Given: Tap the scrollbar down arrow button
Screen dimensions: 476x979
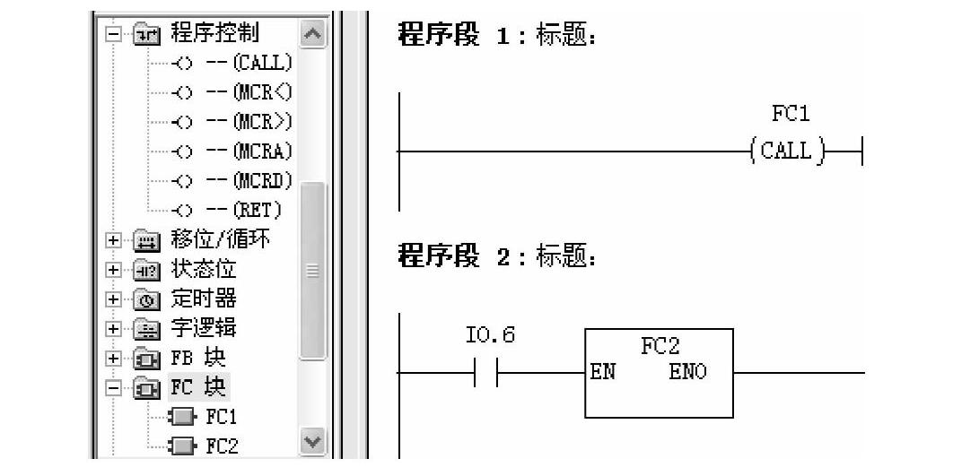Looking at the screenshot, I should [312, 444].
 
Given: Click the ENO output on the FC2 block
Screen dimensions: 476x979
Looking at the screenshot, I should [687, 370].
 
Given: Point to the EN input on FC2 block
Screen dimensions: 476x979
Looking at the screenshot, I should [602, 370].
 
